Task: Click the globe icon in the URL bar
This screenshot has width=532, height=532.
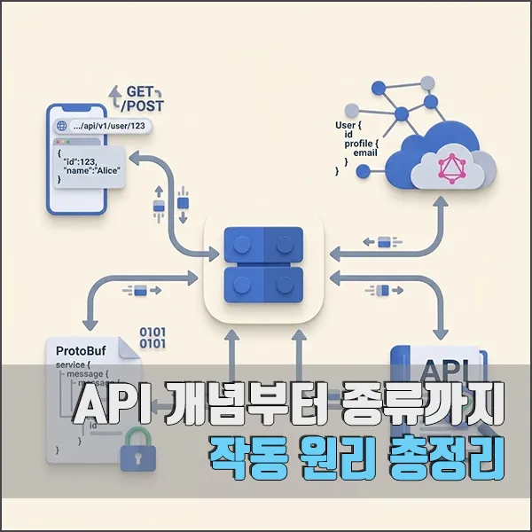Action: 62,126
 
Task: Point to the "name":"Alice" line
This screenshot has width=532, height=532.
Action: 94,169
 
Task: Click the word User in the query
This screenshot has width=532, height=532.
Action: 345,127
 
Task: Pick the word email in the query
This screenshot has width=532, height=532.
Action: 365,153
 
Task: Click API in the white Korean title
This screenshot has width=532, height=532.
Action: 108,408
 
